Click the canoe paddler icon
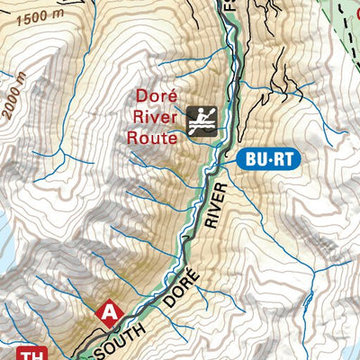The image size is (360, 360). point(202,121)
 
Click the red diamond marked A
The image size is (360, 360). point(109,311)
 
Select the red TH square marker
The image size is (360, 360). point(31,353)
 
